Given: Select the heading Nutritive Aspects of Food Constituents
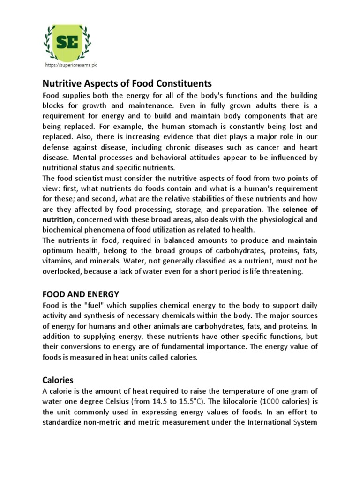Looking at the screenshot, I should click(127, 84).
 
